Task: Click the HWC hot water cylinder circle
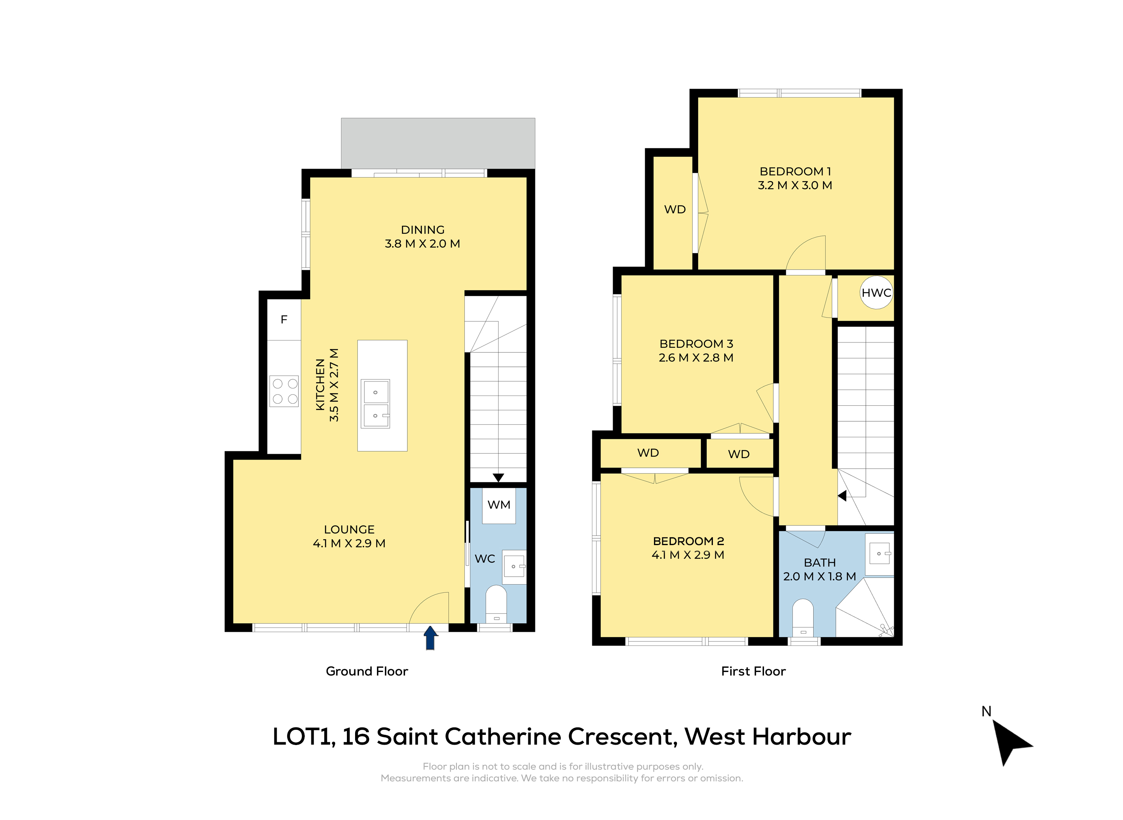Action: click(876, 292)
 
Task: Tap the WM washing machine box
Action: click(499, 505)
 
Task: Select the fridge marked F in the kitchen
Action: click(284, 320)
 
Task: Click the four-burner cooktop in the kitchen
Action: click(284, 391)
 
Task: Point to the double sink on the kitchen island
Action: click(375, 403)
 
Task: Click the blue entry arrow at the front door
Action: click(430, 637)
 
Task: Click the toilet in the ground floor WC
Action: click(496, 604)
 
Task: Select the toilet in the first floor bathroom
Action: click(803, 618)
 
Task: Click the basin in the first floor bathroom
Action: click(880, 555)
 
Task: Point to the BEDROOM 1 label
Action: click(795, 171)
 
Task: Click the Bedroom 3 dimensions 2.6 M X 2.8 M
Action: click(696, 357)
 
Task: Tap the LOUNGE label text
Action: click(349, 529)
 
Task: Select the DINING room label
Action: click(423, 230)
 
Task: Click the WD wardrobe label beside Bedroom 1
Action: click(675, 209)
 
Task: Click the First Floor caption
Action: click(753, 671)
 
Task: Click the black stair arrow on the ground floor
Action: click(499, 478)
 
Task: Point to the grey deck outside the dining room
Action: click(438, 143)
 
